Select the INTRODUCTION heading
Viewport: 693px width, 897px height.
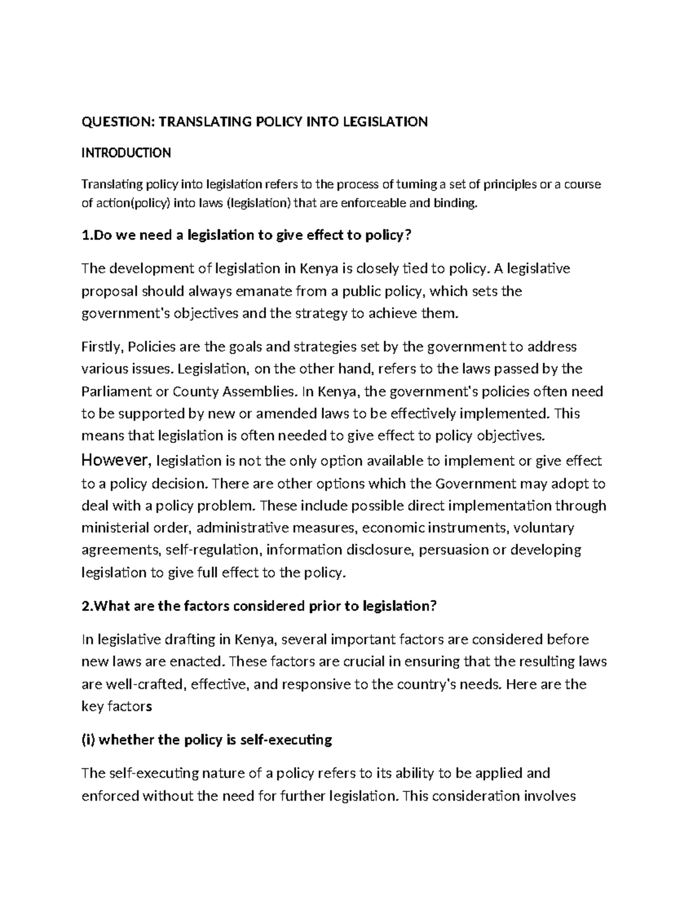point(126,153)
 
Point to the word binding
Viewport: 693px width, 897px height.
point(458,203)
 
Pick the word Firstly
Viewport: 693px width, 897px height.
point(102,347)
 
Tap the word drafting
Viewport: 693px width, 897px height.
point(194,640)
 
